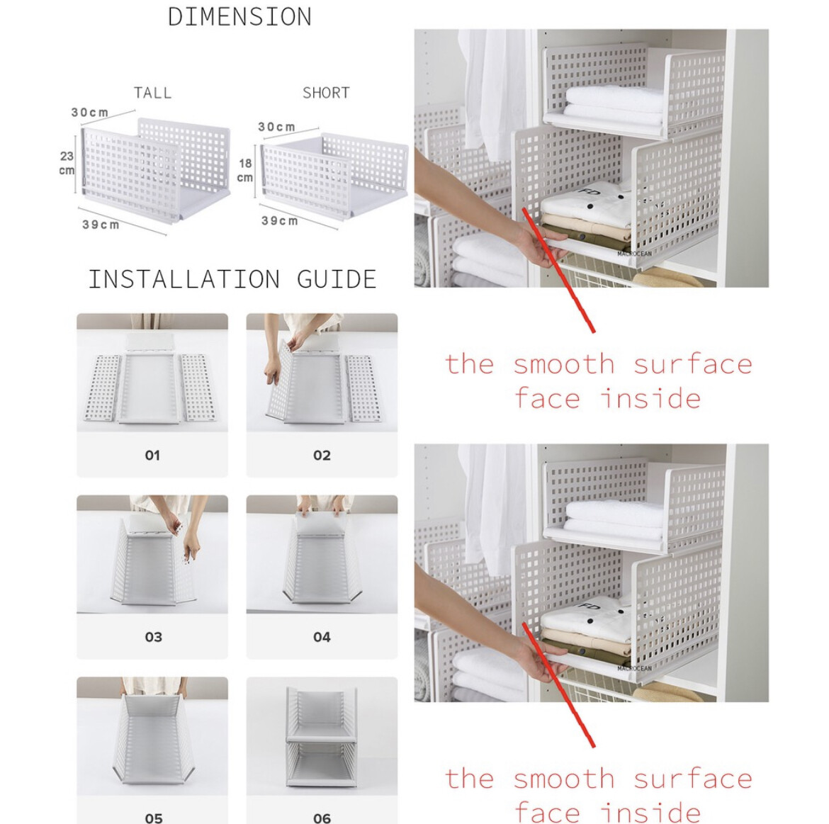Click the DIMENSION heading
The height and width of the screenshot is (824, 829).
point(239,17)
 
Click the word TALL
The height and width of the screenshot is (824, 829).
point(152,93)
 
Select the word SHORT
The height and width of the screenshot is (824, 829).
point(326,93)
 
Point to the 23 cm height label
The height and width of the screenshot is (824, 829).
point(67,163)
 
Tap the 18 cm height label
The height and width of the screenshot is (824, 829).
point(244,170)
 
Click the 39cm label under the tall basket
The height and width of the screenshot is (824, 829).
point(101,225)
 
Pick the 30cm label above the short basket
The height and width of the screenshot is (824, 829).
point(276,127)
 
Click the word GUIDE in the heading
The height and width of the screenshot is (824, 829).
point(337,279)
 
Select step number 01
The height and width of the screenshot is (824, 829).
point(152,455)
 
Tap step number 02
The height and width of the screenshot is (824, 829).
point(322,455)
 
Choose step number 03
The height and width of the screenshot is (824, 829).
point(153,637)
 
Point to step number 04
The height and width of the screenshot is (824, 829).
point(322,637)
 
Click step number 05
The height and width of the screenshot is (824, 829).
point(153,818)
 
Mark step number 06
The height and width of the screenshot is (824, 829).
point(322,818)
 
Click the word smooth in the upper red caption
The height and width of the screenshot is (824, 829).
point(564,364)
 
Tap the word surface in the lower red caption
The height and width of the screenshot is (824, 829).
point(692,779)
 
